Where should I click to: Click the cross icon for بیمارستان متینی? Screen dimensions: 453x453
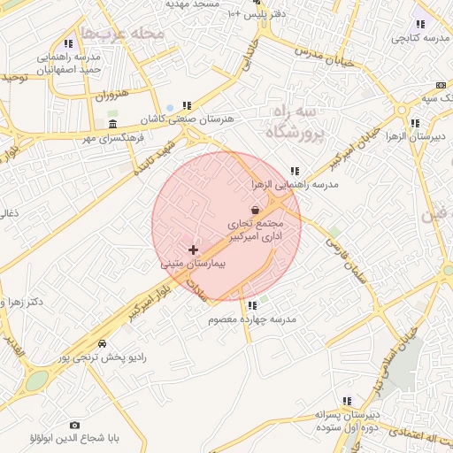coord(193,250)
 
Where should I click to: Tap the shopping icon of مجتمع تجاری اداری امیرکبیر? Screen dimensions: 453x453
coord(256,210)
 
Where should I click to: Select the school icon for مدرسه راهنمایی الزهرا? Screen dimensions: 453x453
coord(294,171)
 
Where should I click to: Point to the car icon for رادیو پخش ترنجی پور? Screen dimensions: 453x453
coord(103,343)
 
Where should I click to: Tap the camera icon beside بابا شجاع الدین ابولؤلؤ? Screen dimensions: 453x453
coord(73,425)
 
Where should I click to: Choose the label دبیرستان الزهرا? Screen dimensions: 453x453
coord(416,137)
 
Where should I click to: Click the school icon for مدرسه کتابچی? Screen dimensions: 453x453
coord(419,24)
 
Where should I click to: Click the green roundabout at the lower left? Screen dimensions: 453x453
coord(36,380)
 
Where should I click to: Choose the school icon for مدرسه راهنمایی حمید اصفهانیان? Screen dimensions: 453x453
coord(68,43)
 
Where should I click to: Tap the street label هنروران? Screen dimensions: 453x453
coord(112,95)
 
